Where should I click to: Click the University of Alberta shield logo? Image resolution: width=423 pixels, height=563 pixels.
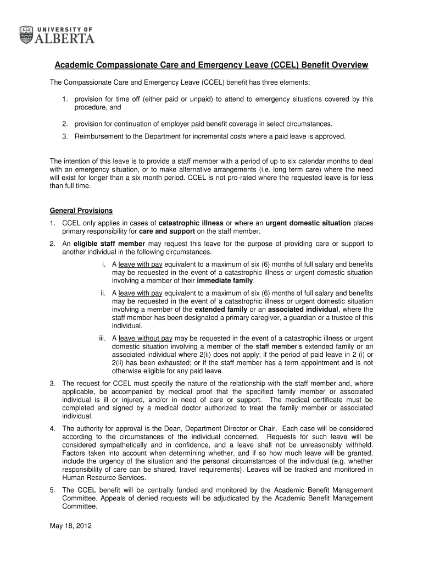[x=26, y=35]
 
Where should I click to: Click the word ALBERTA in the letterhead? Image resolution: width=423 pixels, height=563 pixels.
[x=65, y=38]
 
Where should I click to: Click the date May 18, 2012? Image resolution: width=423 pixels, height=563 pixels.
[x=70, y=526]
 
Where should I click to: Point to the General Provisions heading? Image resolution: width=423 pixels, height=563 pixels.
[x=81, y=211]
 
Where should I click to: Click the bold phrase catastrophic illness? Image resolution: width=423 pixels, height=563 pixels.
[x=191, y=223]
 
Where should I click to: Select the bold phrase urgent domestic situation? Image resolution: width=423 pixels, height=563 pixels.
[x=308, y=223]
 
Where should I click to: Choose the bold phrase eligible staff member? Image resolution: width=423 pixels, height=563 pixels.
[x=109, y=244]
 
